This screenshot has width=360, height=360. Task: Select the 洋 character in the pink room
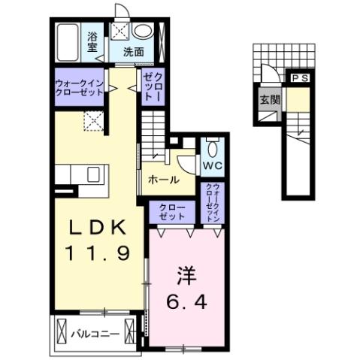click(x=186, y=275)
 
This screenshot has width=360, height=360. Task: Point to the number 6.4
click(x=186, y=302)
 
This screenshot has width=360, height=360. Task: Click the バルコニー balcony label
click(x=95, y=332)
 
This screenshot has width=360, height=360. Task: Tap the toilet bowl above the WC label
click(x=210, y=146)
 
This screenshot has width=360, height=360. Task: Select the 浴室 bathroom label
click(x=93, y=42)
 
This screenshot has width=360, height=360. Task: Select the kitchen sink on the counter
click(x=95, y=175)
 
